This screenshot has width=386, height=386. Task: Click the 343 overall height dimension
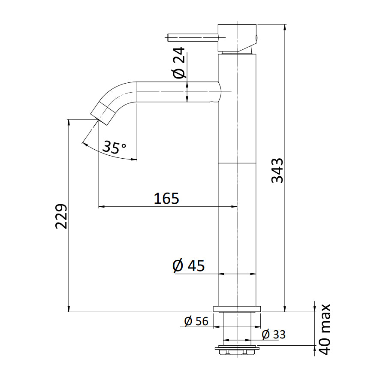(278, 170)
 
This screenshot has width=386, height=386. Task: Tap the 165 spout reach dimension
(166, 199)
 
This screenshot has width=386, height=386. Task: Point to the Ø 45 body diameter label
(188, 266)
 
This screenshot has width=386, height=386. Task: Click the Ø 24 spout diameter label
(180, 62)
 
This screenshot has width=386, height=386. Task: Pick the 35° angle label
(114, 148)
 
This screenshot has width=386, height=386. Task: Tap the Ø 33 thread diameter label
(274, 334)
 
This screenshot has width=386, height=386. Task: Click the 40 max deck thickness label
(325, 329)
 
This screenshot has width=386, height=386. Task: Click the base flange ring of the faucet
(237, 309)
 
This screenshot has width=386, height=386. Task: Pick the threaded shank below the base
(237, 328)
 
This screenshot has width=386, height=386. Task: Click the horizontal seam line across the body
(237, 163)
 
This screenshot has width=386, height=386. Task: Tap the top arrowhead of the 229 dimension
(69, 122)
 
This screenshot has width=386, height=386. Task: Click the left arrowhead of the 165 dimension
(102, 207)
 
